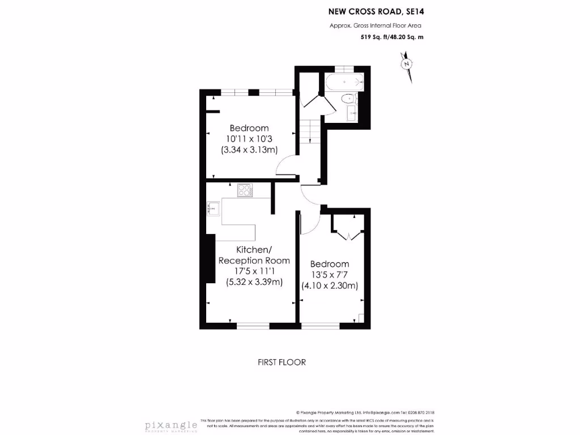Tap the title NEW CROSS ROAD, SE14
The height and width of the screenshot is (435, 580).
click(376, 11)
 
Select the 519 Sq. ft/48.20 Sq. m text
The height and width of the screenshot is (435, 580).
click(392, 37)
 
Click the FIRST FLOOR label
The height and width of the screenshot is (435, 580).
click(282, 362)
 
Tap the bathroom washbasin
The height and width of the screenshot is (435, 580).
click(352, 113)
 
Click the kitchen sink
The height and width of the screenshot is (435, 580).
click(212, 209)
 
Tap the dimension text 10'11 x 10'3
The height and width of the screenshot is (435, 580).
click(249, 139)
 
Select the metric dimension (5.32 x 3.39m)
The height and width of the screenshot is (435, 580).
click(254, 282)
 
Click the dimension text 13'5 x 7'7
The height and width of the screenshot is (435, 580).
click(329, 275)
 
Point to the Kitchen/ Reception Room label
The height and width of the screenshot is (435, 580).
click(254, 255)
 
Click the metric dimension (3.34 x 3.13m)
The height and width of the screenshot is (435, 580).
click(249, 150)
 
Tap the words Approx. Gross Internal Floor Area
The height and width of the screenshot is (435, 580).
click(376, 25)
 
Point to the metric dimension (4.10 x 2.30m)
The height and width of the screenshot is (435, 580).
click(329, 286)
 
